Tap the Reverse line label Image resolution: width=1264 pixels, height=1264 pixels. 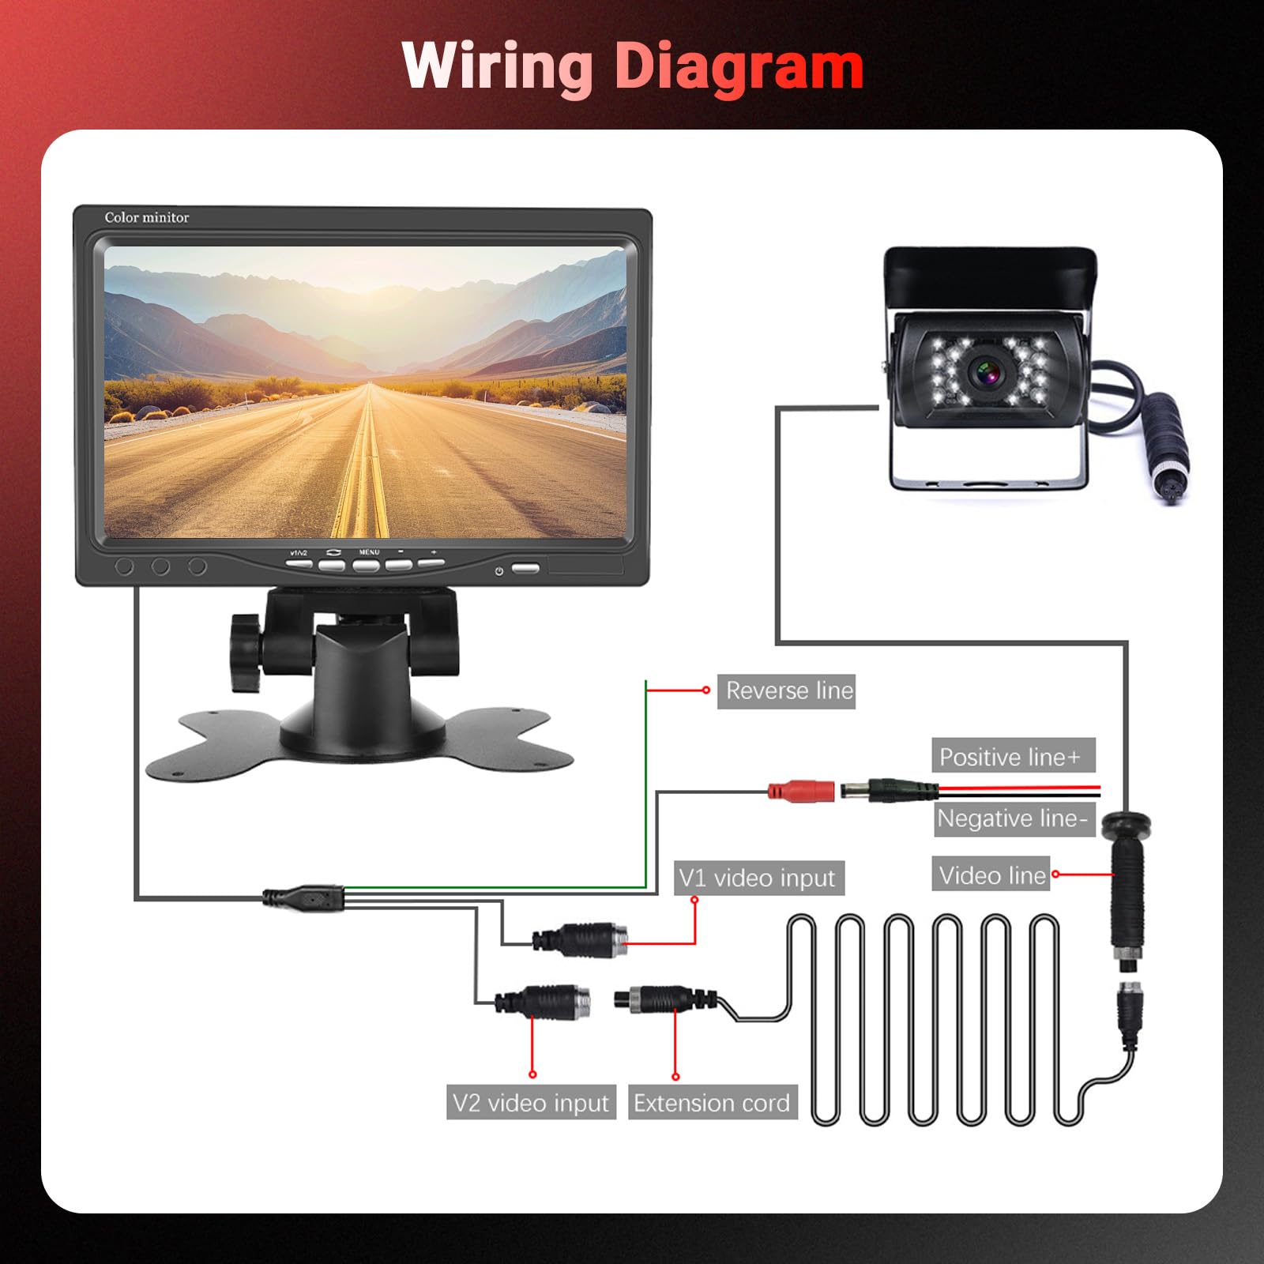point(787,691)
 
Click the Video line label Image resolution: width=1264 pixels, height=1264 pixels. point(991,875)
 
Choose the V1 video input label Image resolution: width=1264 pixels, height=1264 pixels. point(759,878)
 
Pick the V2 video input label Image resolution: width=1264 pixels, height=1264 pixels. point(531,1102)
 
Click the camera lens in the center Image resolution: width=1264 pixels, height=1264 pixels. point(987,371)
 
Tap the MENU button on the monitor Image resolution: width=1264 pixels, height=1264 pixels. point(367,565)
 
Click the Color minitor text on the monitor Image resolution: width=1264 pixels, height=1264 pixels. point(147,217)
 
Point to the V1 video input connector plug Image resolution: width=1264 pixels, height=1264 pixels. point(581,941)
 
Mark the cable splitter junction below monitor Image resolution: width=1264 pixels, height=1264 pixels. point(303,898)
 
